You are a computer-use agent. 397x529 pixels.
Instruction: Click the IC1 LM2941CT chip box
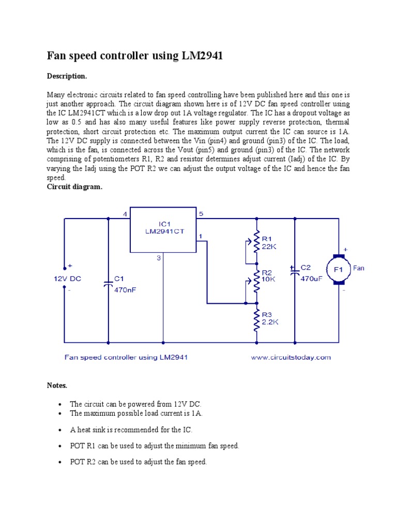pos(163,230)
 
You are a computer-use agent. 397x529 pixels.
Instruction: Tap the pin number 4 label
pos(125,214)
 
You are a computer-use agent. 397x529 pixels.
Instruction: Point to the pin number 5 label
pos(201,214)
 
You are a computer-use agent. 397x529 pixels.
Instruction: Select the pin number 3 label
pos(159,258)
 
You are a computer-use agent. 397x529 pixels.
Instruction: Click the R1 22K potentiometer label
pos(269,243)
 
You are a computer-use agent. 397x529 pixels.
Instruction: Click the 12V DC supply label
pos(68,278)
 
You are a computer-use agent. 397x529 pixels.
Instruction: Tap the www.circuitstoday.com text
pos(291,357)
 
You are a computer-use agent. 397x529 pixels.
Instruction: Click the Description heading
pos(67,76)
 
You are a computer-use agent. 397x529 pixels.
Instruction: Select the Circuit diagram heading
pos(75,187)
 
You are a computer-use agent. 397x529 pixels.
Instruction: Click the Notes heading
pos(57,385)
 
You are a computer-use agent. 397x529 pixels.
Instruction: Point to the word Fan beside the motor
pos(359,268)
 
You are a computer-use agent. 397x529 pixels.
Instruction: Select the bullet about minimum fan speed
pos(155,446)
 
